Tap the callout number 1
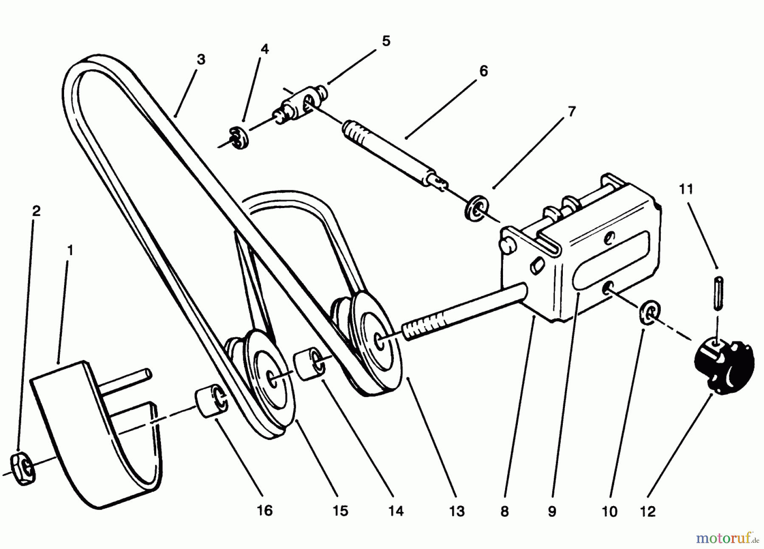70,250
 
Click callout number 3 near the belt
201,59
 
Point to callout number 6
484,71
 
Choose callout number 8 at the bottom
504,511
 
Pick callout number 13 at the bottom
457,511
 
